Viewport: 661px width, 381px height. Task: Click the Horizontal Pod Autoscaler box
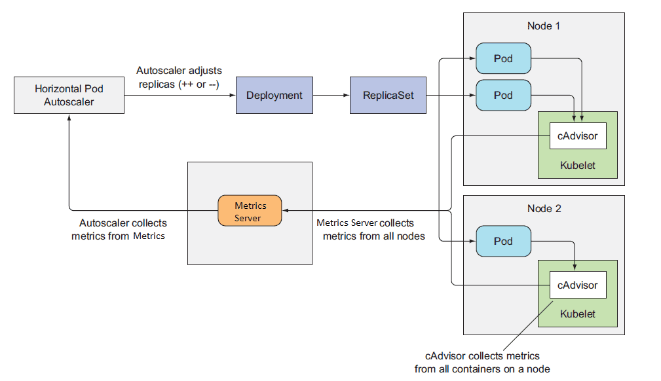(x=69, y=96)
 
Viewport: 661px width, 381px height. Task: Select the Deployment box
(x=274, y=96)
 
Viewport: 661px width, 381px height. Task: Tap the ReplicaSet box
(x=388, y=96)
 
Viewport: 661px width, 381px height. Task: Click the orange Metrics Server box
(x=250, y=211)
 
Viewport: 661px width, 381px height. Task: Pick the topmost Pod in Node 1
(x=503, y=59)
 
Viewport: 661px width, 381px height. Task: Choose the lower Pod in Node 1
(x=503, y=96)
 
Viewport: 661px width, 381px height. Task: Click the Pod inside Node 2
(x=503, y=242)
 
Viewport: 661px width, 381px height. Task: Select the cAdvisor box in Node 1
(x=577, y=136)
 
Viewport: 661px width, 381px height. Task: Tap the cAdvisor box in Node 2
(x=577, y=285)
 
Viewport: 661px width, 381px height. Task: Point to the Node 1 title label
(x=543, y=26)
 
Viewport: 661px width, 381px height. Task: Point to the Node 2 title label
(x=543, y=209)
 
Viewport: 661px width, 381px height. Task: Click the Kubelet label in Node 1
(x=577, y=166)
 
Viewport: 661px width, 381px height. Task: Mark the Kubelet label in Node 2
(x=577, y=314)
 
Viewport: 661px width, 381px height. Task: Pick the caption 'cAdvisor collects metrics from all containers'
(x=483, y=362)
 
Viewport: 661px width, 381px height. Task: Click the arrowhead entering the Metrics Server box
(x=286, y=211)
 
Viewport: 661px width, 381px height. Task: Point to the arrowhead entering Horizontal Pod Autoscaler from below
(x=69, y=117)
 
